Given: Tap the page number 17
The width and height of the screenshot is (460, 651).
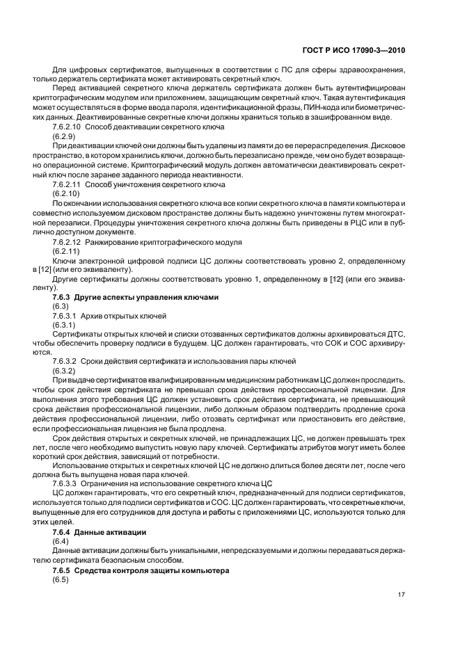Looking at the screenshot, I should click(x=401, y=594).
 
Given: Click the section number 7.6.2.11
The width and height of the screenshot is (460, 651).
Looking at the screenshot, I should click(x=67, y=185).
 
